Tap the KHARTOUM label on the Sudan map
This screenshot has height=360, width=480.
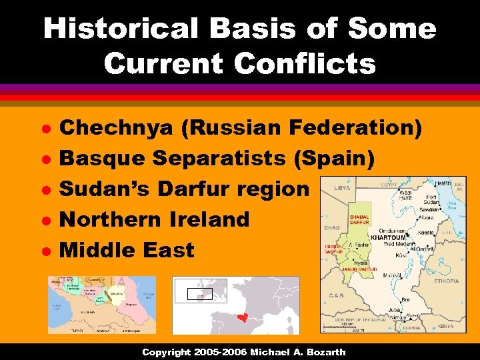pos(389,237)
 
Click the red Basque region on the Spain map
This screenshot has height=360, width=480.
pos(242,317)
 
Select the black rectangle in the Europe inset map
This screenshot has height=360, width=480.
pos(199,293)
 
